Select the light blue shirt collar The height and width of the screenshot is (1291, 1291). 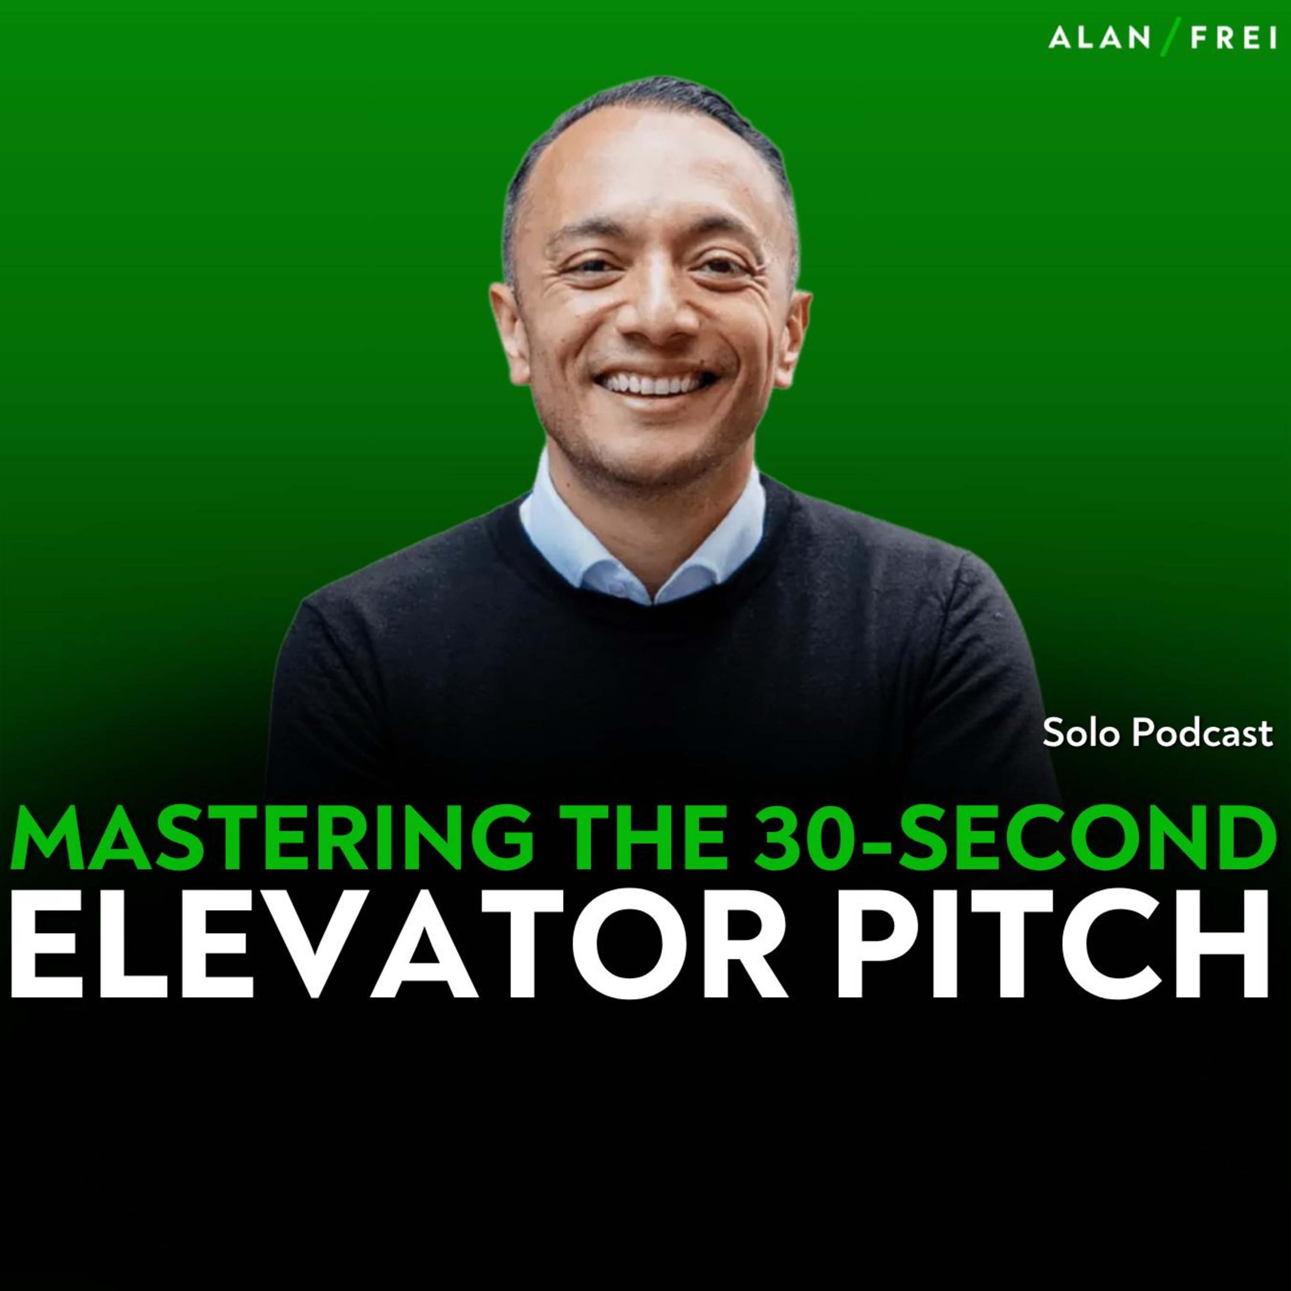tap(642, 534)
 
